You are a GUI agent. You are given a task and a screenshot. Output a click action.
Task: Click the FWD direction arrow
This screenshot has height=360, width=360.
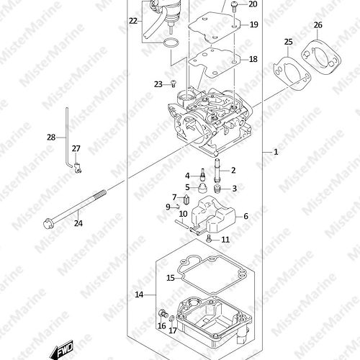pos(61,349)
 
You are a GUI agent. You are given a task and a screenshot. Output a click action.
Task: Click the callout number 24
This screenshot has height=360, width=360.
pos(78,223)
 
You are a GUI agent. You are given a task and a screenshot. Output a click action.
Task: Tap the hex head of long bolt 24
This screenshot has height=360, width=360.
pos(48,224)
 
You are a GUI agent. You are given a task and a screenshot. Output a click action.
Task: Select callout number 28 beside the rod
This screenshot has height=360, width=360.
pos(51,138)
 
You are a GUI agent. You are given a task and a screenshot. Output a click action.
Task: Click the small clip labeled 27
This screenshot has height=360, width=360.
pos(78,168)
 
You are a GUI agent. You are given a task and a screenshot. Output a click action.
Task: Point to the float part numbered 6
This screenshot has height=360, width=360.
pos(213,215)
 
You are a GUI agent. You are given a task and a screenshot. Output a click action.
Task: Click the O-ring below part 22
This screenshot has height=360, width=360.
pos(171,43)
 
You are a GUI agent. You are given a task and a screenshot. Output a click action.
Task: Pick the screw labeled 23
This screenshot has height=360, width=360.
pos(174,84)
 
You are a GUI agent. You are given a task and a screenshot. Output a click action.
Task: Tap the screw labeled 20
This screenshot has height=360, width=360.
pos(234,6)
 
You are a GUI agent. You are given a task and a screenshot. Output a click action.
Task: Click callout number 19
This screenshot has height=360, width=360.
pos(253,24)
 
